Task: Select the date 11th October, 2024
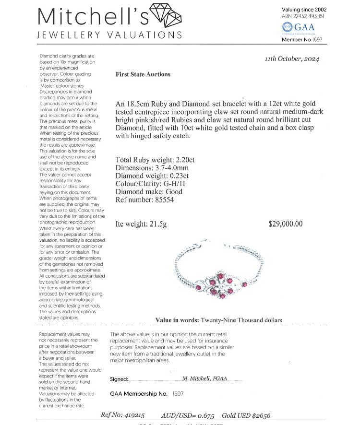[x=292, y=59]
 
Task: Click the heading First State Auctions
[x=143, y=74]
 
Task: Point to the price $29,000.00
[x=286, y=224]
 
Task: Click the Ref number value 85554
[x=162, y=200]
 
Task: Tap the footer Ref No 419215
[x=133, y=415]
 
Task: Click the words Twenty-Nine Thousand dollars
[x=241, y=320]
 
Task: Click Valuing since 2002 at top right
[x=304, y=9]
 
